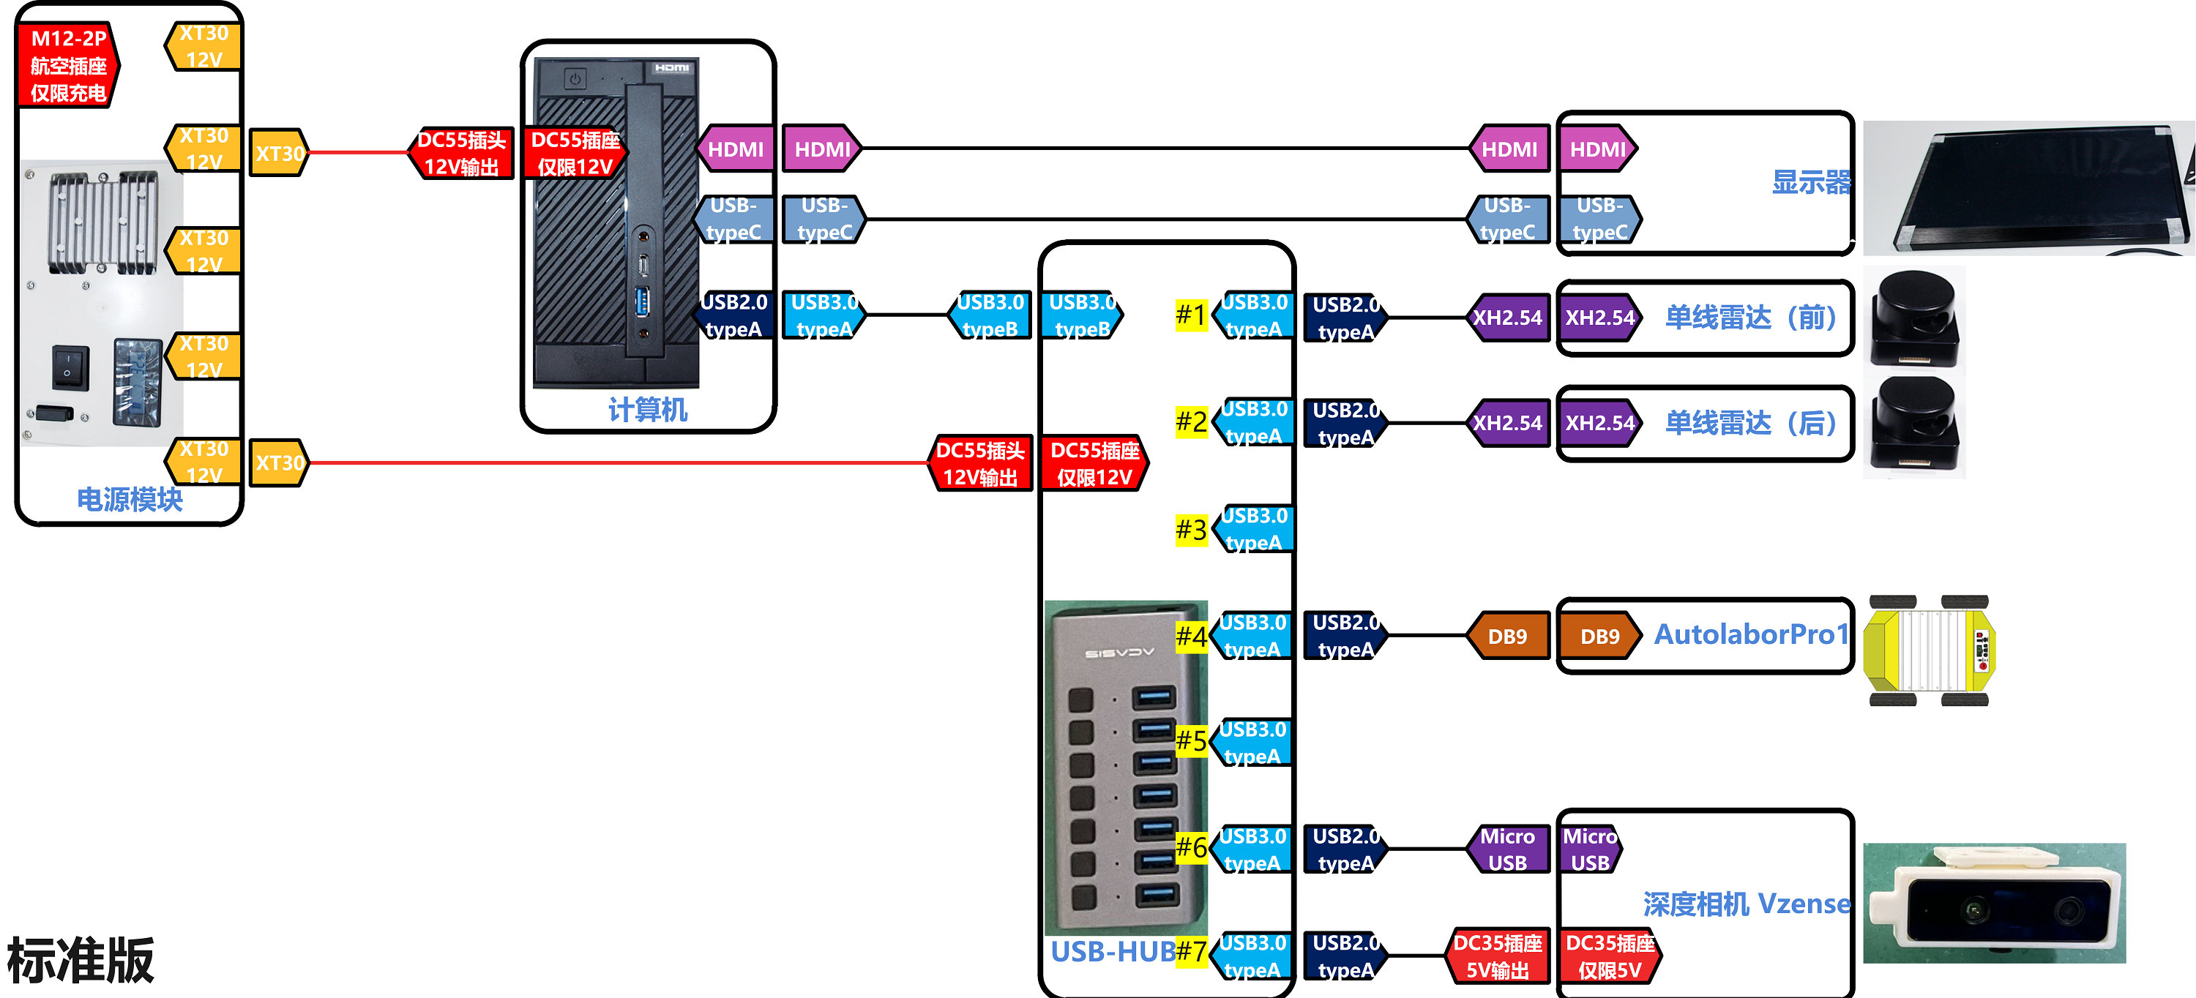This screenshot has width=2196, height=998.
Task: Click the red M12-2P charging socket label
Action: (x=68, y=65)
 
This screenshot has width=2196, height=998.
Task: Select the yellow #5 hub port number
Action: (x=1191, y=740)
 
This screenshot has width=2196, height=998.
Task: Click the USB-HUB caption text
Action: (x=1113, y=951)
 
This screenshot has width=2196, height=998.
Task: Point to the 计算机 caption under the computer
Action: (x=647, y=410)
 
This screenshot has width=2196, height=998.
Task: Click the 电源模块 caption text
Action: (x=130, y=500)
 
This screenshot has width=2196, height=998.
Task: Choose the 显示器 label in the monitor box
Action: (x=1811, y=182)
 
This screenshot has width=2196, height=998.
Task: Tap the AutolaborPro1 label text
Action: (x=1751, y=635)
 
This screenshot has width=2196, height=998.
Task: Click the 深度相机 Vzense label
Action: (x=1746, y=904)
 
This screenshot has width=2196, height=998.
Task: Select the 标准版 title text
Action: (x=81, y=961)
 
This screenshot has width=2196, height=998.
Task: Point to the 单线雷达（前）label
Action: (x=1751, y=318)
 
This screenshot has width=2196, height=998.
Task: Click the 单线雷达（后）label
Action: (x=1751, y=424)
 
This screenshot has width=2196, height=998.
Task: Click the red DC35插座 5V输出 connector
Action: (x=1497, y=956)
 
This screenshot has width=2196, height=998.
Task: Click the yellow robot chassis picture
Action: (x=1928, y=651)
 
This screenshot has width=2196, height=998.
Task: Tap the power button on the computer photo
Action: (x=575, y=79)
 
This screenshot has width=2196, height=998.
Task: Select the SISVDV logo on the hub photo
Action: (x=1119, y=653)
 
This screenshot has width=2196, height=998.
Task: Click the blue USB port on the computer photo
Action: (x=642, y=301)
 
